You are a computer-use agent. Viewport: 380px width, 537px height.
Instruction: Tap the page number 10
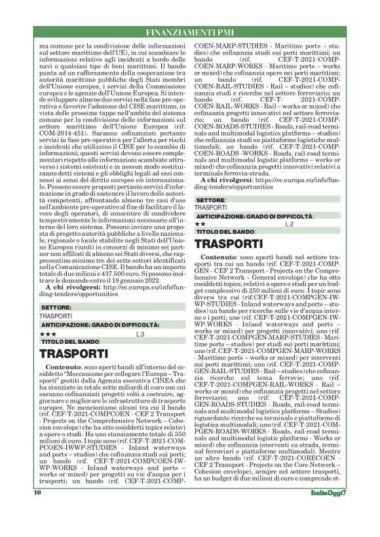tap(37, 511)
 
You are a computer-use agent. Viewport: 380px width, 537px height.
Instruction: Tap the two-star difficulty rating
tap(200, 224)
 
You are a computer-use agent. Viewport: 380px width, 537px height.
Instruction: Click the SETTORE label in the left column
tap(56, 307)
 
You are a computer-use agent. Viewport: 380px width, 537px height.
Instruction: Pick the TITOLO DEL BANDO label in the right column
tap(225, 232)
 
